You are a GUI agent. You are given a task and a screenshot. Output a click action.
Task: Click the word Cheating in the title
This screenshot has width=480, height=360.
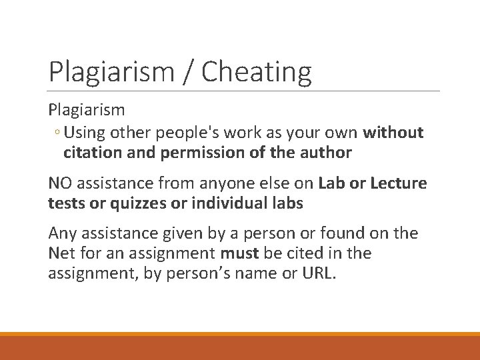click(x=256, y=71)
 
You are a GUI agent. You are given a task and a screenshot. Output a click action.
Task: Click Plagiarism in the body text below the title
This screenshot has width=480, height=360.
click(x=87, y=109)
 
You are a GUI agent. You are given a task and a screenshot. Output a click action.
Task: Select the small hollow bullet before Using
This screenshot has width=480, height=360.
click(x=58, y=133)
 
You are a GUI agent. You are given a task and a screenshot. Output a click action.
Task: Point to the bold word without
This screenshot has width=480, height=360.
click(x=393, y=133)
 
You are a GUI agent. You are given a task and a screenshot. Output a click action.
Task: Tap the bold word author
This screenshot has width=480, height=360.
click(x=326, y=153)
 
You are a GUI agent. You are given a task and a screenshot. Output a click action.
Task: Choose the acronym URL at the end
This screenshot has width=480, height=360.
click(x=317, y=273)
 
